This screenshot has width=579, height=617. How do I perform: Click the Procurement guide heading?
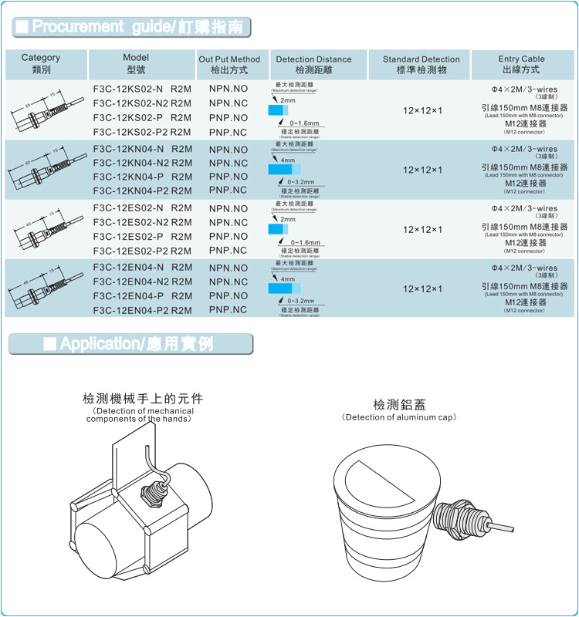tap(130, 27)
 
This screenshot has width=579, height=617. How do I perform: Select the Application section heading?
tap(130, 344)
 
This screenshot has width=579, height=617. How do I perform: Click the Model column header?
tap(136, 64)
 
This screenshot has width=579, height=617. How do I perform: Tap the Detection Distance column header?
tap(313, 64)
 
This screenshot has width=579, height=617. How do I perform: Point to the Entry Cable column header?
tap(520, 64)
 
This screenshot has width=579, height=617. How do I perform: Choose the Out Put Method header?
tap(229, 64)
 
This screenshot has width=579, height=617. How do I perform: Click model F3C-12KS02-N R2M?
tap(142, 89)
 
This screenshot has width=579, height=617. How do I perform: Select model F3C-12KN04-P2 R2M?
tap(142, 190)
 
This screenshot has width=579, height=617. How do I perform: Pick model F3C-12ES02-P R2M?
tap(142, 237)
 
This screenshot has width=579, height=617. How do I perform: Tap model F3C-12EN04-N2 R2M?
tap(142, 282)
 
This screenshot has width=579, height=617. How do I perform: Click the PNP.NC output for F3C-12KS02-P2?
tap(229, 132)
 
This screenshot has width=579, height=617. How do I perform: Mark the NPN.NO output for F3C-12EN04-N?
tap(229, 268)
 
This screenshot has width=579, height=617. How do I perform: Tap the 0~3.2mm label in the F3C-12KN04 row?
tap(300, 183)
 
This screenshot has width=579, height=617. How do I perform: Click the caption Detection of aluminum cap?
tap(398, 417)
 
